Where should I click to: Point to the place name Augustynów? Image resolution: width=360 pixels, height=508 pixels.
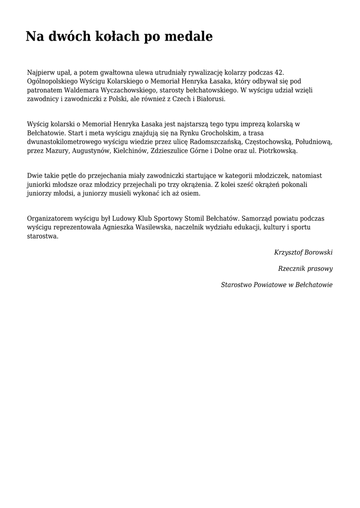[92, 150]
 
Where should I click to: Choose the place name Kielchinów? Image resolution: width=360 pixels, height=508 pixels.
[130, 150]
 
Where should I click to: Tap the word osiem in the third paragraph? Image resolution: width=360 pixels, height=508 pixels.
[191, 193]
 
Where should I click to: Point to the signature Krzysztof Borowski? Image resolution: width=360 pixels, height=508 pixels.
[303, 252]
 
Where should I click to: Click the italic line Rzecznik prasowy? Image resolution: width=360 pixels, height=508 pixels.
[305, 268]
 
